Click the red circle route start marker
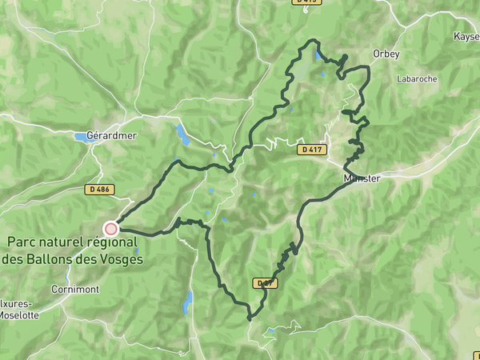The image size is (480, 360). (111, 229)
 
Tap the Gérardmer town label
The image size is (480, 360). (112, 135)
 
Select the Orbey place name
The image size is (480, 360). (385, 54)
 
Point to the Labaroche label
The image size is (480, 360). (415, 79)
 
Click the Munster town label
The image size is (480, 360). (362, 178)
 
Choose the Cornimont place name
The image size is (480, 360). (74, 289)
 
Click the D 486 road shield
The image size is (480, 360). (98, 190)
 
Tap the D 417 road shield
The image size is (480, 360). (313, 150)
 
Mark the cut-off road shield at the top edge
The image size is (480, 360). (306, 2)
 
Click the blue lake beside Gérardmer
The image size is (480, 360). (82, 137)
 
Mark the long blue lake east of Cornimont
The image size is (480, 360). (188, 302)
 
